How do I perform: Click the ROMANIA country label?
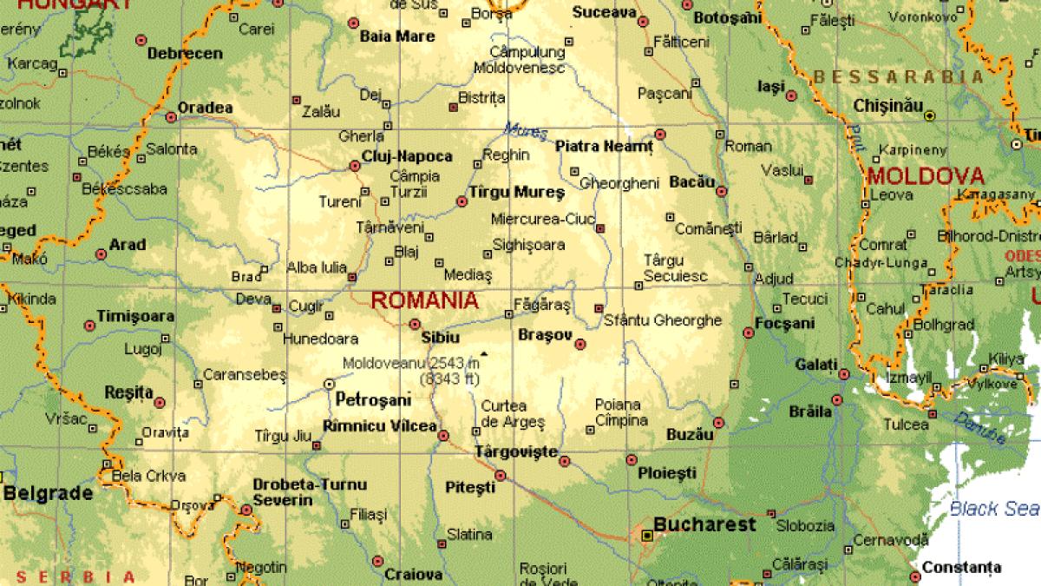point(424,301)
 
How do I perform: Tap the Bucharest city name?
point(704,524)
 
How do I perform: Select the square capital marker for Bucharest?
point(646,536)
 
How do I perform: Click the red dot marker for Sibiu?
point(415,324)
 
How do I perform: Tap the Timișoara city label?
point(135,317)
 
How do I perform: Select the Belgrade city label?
point(48,493)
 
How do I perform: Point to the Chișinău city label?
point(887,105)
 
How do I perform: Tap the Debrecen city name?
point(185,54)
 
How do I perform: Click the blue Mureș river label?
point(526,132)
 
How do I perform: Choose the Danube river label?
point(980,429)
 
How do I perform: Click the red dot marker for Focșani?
point(749,333)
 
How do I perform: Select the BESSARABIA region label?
point(899,76)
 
